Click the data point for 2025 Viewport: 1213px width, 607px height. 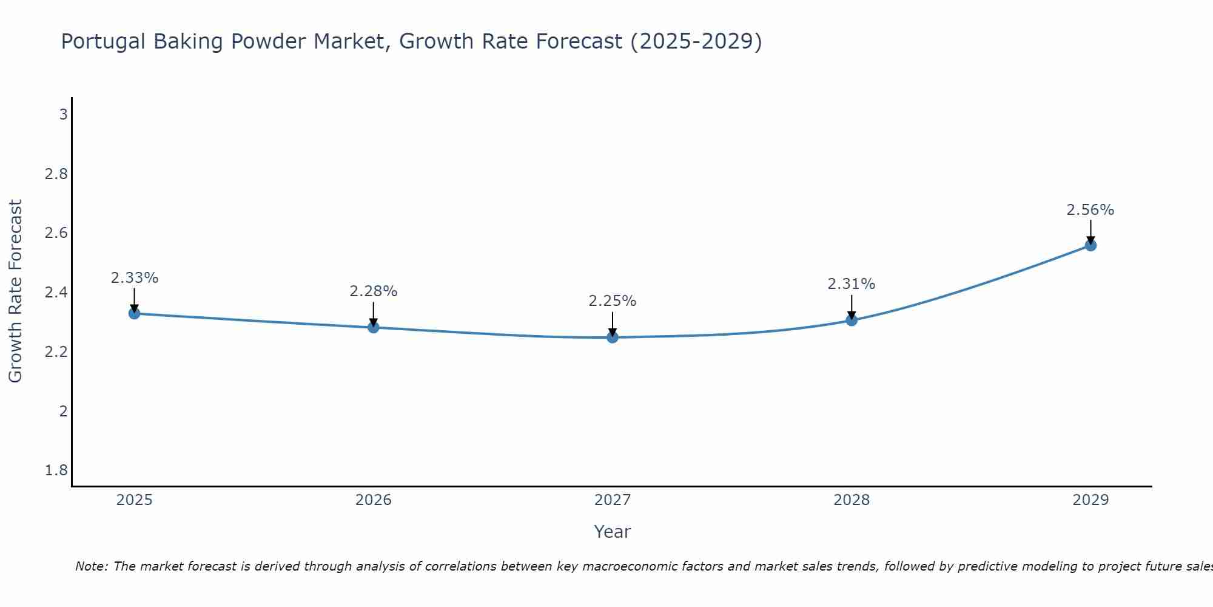134,313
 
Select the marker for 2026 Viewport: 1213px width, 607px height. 374,327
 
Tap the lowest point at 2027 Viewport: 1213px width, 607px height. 613,337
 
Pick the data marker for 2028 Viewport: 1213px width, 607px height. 852,320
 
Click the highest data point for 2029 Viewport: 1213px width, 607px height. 1090,245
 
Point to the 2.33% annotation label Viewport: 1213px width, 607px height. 134,278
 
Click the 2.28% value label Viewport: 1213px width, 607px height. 374,291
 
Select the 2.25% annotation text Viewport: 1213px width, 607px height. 613,301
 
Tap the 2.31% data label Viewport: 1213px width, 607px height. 852,284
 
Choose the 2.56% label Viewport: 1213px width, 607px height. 1090,210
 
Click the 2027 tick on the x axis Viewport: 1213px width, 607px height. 613,500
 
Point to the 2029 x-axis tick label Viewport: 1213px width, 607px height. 1090,500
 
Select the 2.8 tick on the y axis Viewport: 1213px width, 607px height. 56,174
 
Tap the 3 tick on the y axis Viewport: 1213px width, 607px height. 63,115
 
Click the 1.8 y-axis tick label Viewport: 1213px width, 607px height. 56,470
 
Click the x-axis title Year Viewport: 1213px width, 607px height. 613,532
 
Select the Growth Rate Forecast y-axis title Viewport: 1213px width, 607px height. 15,291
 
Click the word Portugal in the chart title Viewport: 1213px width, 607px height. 104,42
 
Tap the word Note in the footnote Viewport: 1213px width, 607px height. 91,566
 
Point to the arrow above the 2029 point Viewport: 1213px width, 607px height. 1090,231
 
